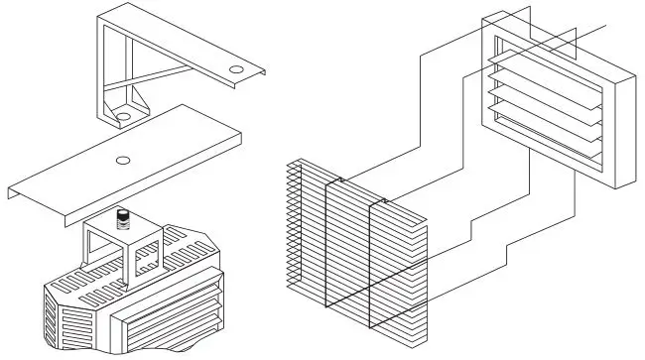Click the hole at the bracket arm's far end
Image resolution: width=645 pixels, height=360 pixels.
pyautogui.click(x=236, y=69)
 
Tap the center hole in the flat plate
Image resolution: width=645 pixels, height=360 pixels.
pyautogui.click(x=122, y=160)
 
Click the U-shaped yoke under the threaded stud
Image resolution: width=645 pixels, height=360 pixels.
pyautogui.click(x=119, y=248)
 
